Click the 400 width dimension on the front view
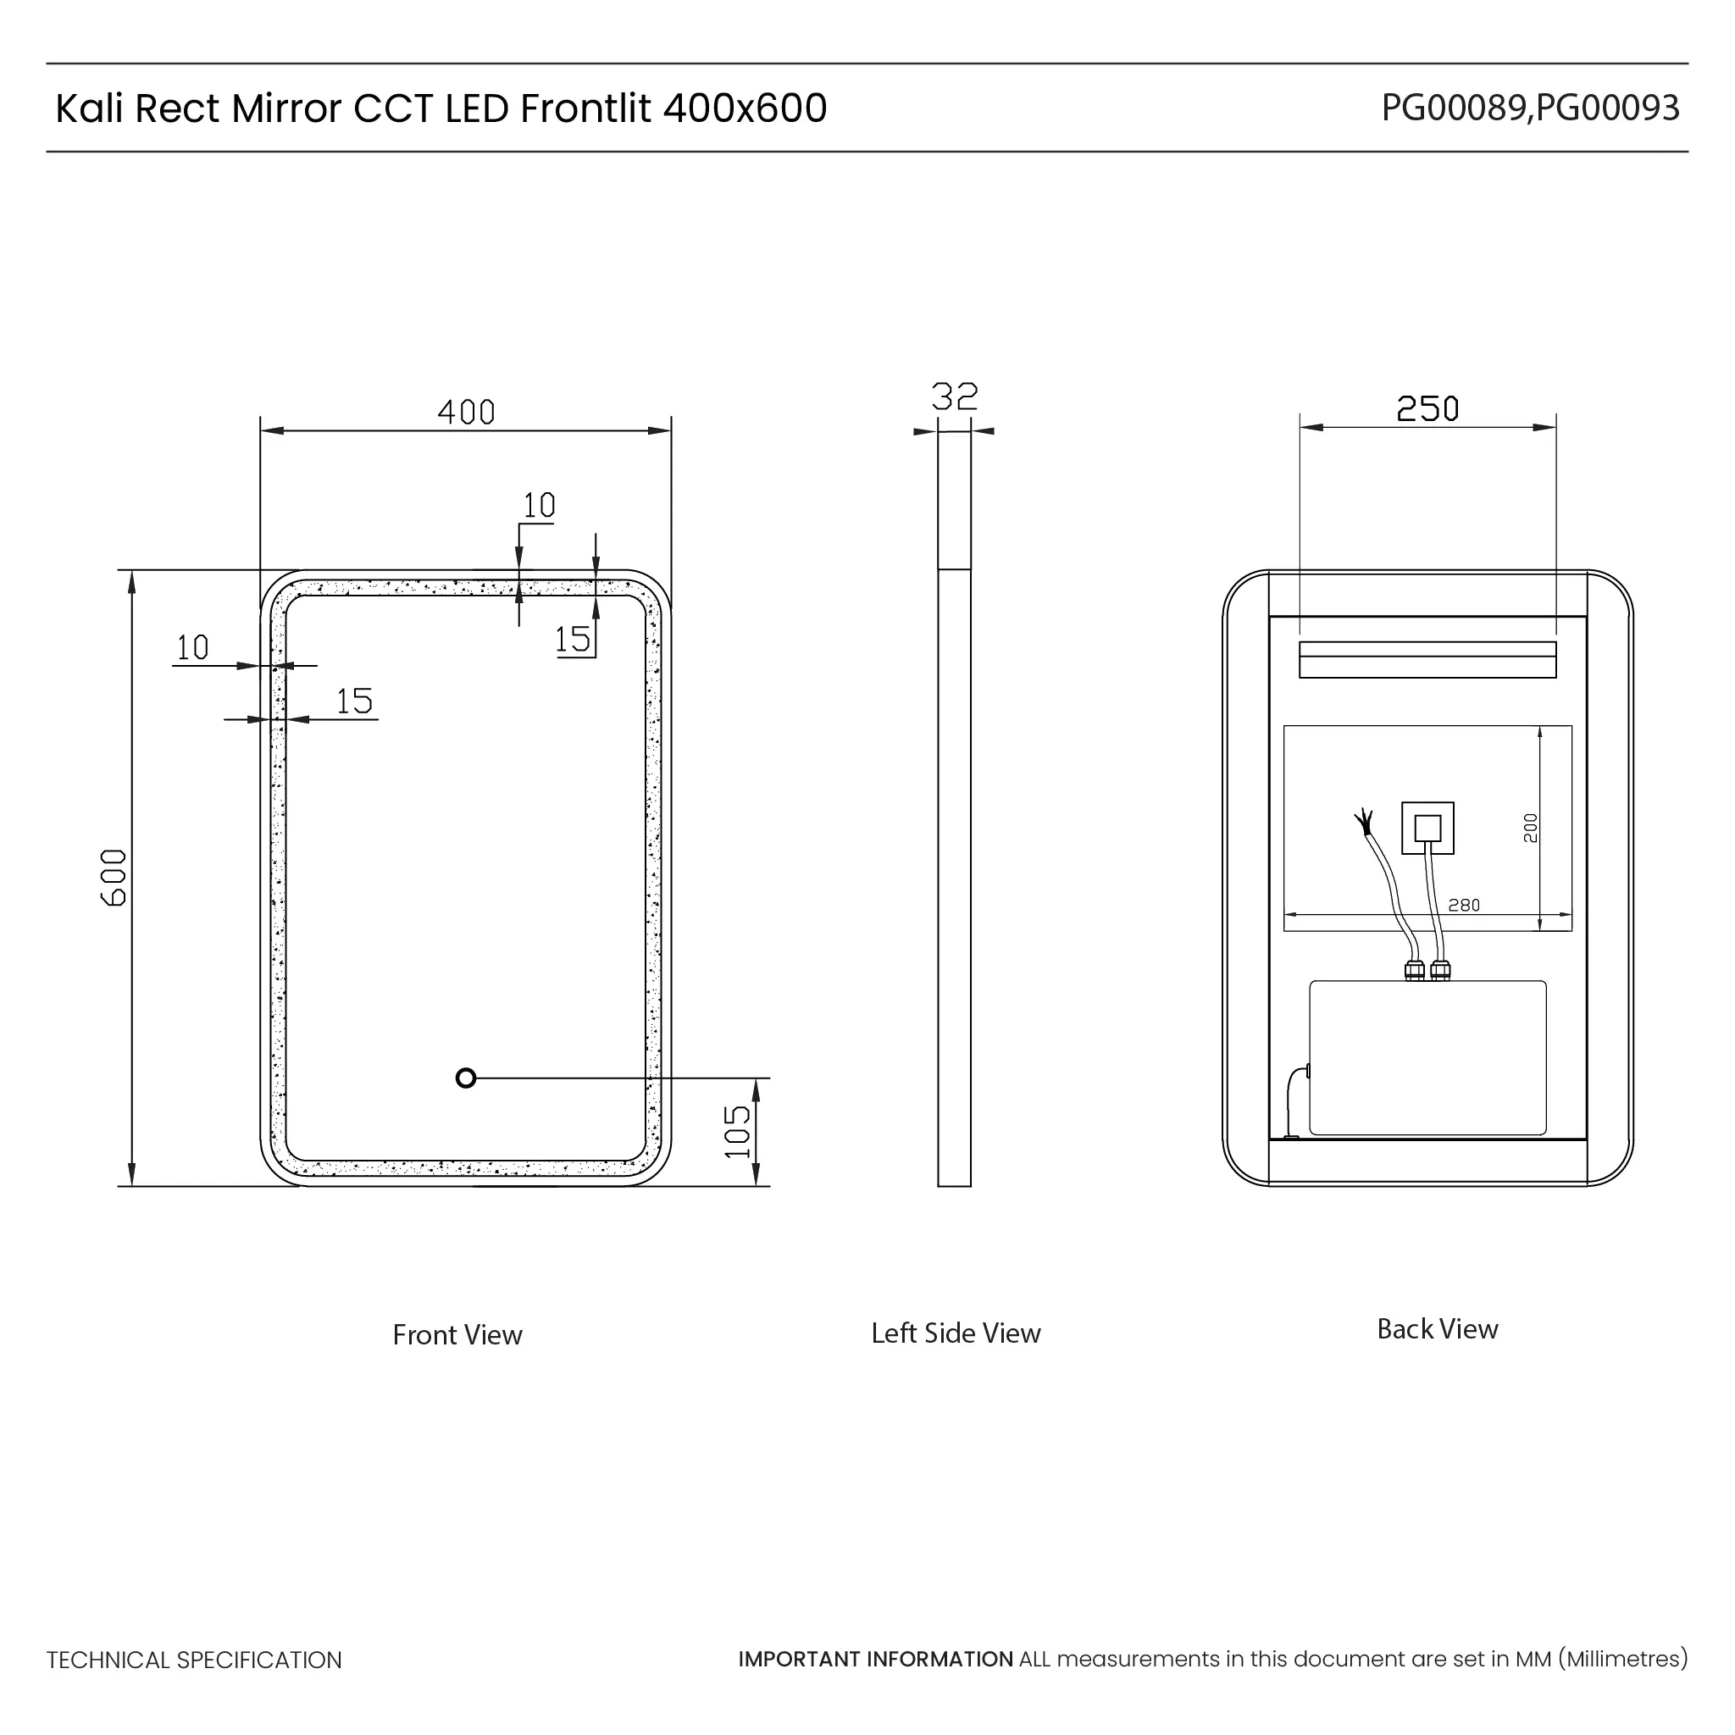[466, 413]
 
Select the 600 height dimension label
[114, 878]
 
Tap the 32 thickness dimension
[954, 396]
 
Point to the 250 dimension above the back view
[1427, 408]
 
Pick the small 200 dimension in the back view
[1530, 827]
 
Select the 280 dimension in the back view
[1464, 906]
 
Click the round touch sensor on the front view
[465, 1078]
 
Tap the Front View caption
[457, 1334]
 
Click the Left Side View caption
[956, 1333]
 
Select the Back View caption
[1437, 1329]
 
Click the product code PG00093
[1607, 108]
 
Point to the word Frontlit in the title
[585, 108]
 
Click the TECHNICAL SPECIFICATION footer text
[194, 1660]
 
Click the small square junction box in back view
[1427, 828]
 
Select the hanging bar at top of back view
[1427, 659]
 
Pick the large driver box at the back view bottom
[1427, 1057]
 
